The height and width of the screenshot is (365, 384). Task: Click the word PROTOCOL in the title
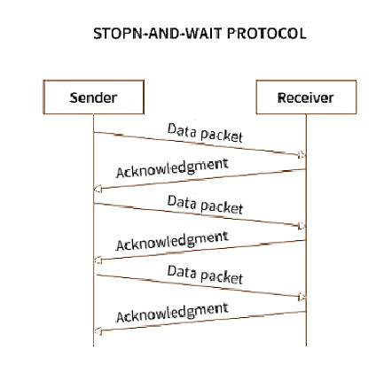[x=267, y=34]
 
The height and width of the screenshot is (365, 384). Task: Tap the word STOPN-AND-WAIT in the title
[x=158, y=34]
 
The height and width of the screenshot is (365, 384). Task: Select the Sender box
[x=93, y=97]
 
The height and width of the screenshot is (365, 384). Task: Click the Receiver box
[x=306, y=97]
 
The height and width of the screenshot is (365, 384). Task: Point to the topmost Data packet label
[x=205, y=133]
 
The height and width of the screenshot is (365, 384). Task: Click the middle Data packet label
[x=205, y=205]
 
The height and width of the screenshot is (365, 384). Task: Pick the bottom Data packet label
[x=205, y=275]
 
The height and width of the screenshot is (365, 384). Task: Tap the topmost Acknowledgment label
[x=172, y=168]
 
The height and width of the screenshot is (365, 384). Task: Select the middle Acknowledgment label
[x=172, y=241]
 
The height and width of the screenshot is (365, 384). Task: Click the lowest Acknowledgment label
[x=172, y=313]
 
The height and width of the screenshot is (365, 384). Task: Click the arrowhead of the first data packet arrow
[x=302, y=154]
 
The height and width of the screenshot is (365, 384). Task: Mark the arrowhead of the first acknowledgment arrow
[x=98, y=189]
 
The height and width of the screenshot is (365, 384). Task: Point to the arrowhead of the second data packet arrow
[x=302, y=226]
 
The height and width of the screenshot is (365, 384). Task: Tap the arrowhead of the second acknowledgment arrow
[x=98, y=260]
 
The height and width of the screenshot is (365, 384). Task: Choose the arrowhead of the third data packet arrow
[x=302, y=297]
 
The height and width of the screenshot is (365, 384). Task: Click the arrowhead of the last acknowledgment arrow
[x=98, y=331]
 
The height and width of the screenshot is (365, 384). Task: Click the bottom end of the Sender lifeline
[x=93, y=346]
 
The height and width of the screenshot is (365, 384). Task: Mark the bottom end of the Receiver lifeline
[x=306, y=346]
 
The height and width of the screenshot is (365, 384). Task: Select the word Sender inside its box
[x=93, y=97]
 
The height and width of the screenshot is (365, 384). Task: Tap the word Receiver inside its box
[x=306, y=97]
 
